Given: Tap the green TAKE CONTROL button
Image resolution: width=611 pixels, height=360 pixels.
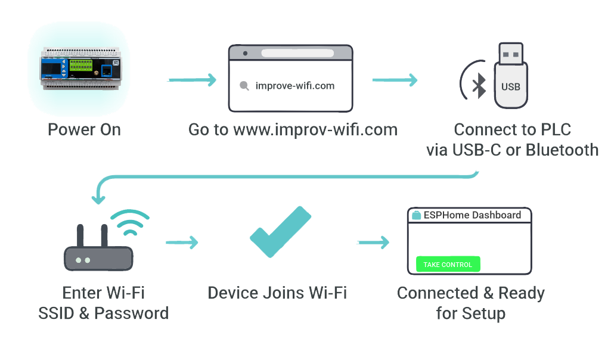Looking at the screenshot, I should click(448, 264).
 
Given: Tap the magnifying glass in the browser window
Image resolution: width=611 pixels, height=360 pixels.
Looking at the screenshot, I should click(244, 86).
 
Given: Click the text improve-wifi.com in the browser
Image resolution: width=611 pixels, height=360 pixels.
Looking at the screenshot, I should click(294, 86).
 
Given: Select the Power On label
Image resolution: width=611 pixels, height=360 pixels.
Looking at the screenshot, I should click(84, 130).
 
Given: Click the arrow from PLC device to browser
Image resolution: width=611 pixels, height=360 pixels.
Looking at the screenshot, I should click(191, 80).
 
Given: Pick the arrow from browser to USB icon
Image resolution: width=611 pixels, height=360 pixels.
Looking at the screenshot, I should click(395, 80).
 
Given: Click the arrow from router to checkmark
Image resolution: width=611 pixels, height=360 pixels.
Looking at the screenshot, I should click(182, 243).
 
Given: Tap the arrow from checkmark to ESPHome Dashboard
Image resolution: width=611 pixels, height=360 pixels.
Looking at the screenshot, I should click(373, 243).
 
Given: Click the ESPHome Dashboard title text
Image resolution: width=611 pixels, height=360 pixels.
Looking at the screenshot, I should click(472, 215).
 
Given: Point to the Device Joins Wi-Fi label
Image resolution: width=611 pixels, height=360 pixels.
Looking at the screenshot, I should click(277, 293).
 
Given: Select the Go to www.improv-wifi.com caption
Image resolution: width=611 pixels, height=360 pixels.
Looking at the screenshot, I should click(293, 130).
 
